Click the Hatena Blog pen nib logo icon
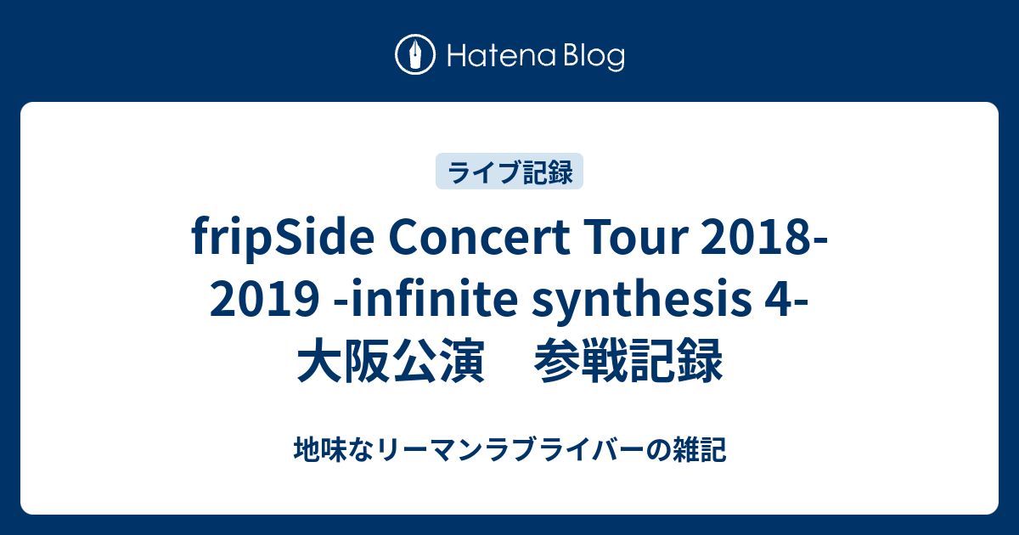[x=415, y=54]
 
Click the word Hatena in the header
[x=502, y=56]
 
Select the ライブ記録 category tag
[x=509, y=172]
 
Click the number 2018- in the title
[x=765, y=238]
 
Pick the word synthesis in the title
[x=641, y=301]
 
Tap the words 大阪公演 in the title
[x=391, y=360]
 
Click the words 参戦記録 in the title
[x=628, y=360]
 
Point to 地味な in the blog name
[x=334, y=449]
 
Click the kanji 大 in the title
[x=319, y=360]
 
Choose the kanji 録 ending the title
[x=700, y=360]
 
